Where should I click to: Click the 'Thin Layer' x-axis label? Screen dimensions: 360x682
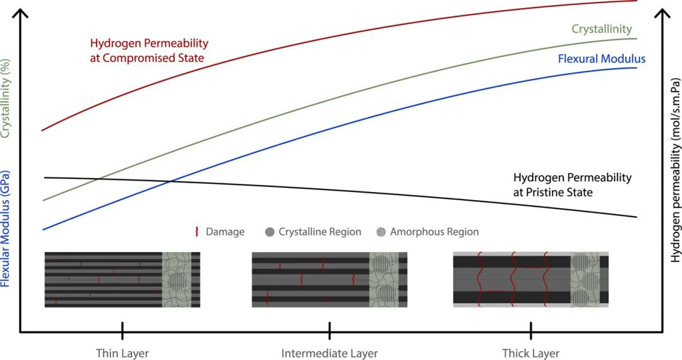(123, 353)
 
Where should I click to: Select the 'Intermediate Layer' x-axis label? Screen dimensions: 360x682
(329, 353)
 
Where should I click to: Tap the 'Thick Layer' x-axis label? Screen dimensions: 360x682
(530, 353)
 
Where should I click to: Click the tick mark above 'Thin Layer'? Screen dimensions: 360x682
(123, 330)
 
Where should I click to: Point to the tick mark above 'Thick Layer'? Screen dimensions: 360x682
(530, 330)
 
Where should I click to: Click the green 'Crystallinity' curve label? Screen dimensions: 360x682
(601, 29)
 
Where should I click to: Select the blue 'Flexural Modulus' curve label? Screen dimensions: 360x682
(601, 59)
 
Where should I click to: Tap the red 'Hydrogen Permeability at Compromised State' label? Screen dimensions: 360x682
(149, 51)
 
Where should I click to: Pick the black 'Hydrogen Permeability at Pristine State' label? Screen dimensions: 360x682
(572, 184)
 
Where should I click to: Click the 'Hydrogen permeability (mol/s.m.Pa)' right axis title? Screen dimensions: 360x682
(676, 171)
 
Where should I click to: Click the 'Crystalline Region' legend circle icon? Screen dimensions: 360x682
(270, 232)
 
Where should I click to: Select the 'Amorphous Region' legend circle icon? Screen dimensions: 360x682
(381, 232)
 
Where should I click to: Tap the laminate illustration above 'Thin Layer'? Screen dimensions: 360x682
(122, 279)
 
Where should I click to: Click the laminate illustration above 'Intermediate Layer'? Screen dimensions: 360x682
(329, 279)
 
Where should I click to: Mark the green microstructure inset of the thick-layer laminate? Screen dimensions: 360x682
(584, 279)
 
